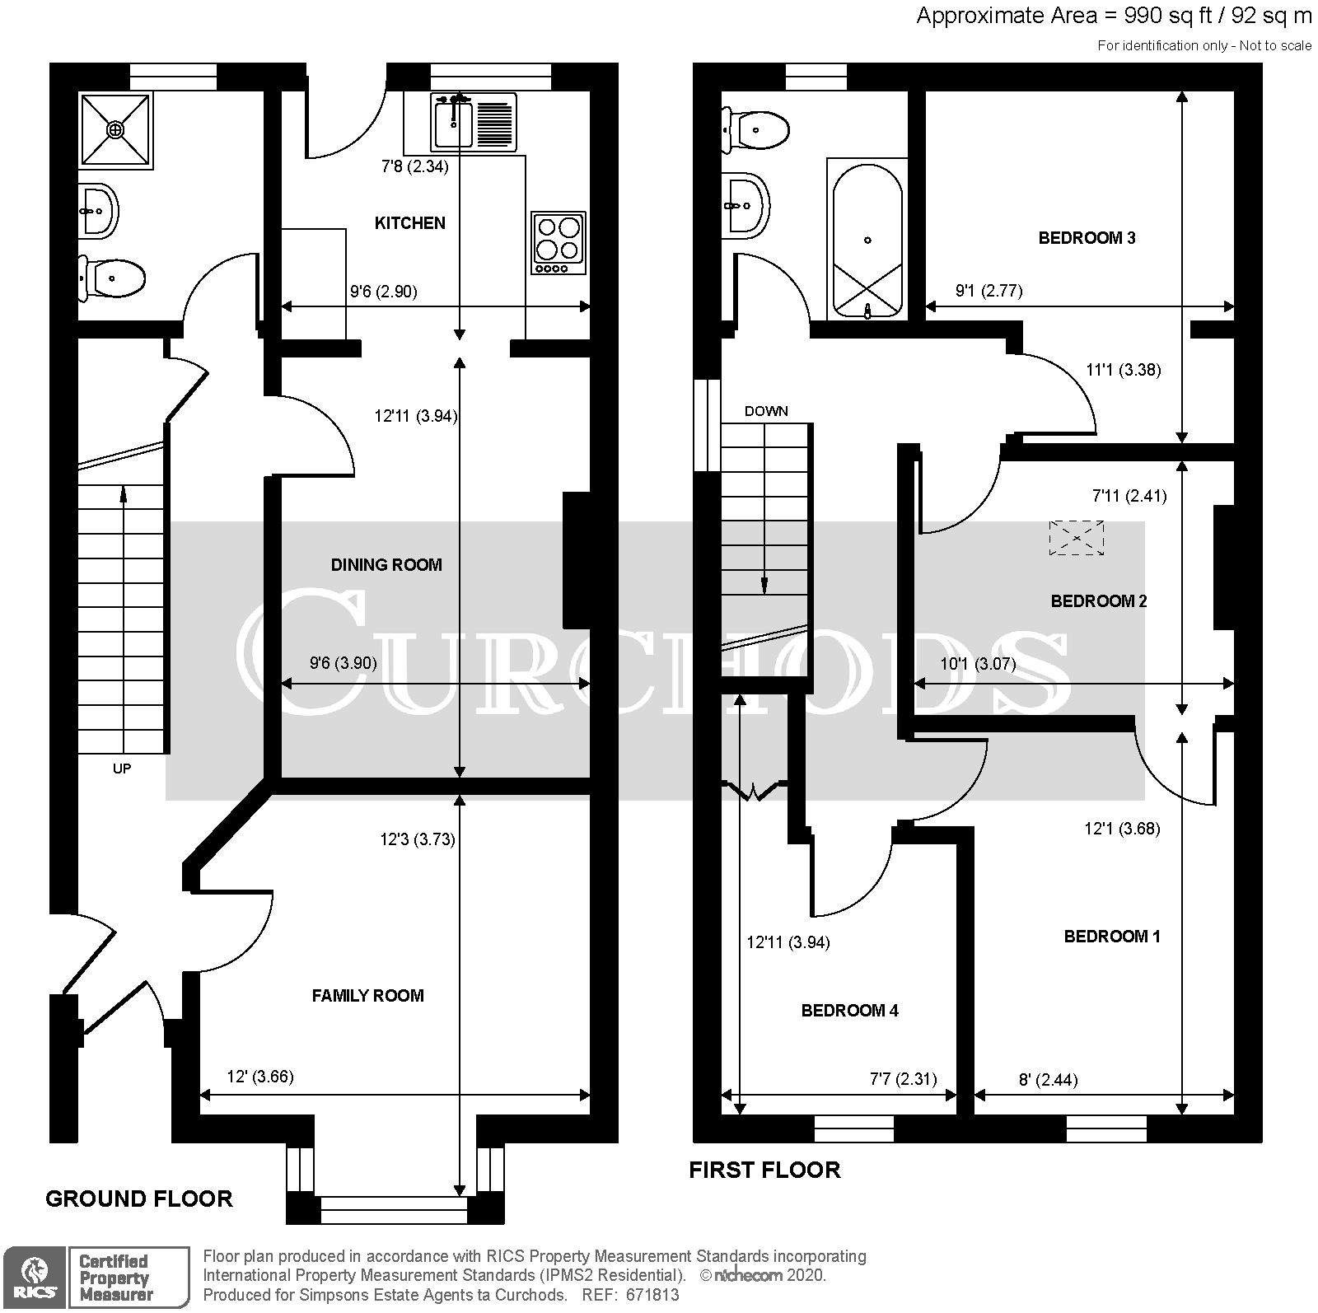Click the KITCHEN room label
coord(409,223)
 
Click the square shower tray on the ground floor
coord(116,129)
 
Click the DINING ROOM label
coord(386,565)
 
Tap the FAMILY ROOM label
coord(367,996)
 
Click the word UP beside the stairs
coord(122,769)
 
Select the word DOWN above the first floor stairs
coord(766,411)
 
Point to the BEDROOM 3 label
coord(1087,238)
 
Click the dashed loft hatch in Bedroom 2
coord(1076,538)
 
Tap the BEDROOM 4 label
coord(849,1011)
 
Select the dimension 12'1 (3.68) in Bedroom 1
coord(1122,829)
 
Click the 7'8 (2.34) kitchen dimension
coord(414,166)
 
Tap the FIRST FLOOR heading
coord(764,1170)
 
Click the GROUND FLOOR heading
coord(139,1199)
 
